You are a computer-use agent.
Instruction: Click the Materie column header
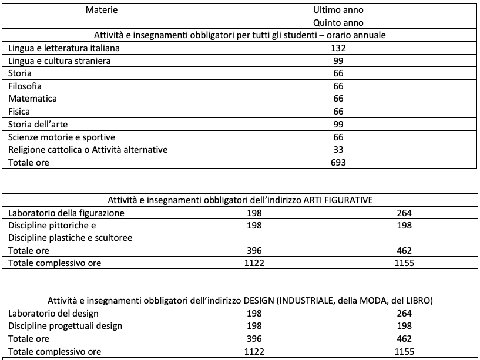click(x=101, y=10)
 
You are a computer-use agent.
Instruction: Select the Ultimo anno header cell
click(x=338, y=10)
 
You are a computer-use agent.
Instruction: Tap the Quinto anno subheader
click(x=338, y=23)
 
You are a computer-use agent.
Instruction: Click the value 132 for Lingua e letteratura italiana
click(x=338, y=48)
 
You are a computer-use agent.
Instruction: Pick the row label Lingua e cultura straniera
click(x=60, y=61)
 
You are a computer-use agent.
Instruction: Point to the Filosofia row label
click(x=25, y=86)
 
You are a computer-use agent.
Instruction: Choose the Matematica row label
click(x=32, y=99)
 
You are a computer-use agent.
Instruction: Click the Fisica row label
click(x=19, y=112)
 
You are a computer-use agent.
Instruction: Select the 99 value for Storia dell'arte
click(x=338, y=124)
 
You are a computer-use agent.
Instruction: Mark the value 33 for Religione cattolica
click(x=338, y=150)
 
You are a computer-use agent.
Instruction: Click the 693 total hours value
click(x=338, y=162)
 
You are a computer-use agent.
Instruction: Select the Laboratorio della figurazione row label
click(x=66, y=213)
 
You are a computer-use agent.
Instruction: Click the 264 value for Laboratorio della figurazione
click(x=404, y=213)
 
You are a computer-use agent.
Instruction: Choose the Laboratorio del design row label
click(x=53, y=314)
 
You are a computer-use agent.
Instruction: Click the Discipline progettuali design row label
click(x=65, y=326)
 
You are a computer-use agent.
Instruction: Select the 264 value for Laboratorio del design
click(x=404, y=314)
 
